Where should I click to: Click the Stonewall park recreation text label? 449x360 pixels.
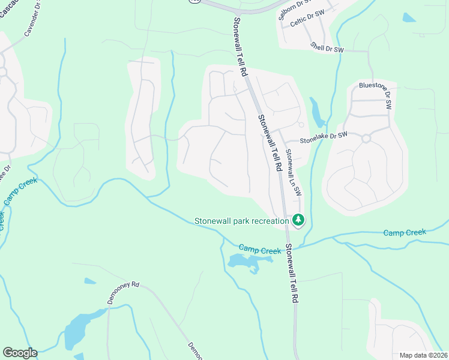[x=241, y=221]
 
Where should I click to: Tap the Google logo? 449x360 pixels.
[x=19, y=353]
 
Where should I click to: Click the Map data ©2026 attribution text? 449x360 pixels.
[x=423, y=355]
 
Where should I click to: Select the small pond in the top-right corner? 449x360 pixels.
[x=409, y=17]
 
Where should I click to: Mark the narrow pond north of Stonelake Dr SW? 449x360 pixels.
[x=316, y=112]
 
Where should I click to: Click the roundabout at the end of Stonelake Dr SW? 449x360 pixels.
[x=366, y=139]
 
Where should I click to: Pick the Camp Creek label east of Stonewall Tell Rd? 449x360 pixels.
[x=405, y=232]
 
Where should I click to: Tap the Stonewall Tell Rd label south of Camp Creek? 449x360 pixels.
[x=292, y=273]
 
